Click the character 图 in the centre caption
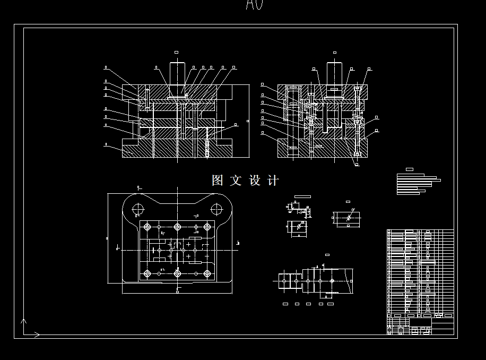tap(218, 181)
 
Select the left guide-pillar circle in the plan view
tap(138, 209)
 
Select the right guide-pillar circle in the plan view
tap(216, 209)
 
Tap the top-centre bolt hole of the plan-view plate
tap(177, 227)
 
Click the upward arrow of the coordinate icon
tap(23, 321)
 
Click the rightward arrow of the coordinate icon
tap(37, 335)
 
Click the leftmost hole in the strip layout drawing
tap(284, 280)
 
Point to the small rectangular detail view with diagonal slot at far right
tap(348, 218)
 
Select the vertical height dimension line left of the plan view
tap(108, 238)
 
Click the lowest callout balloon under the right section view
tap(357, 165)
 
